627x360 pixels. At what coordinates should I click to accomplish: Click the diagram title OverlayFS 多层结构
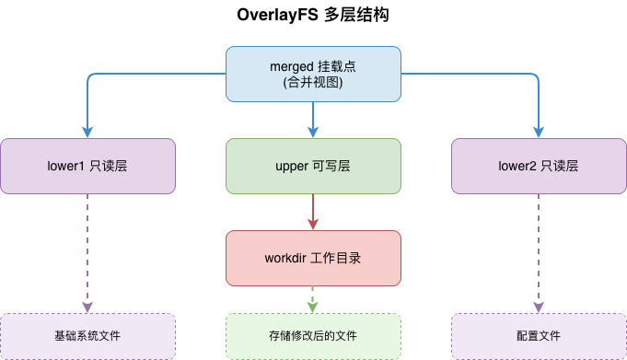[313, 17]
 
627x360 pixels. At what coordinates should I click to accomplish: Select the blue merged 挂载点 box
[313, 74]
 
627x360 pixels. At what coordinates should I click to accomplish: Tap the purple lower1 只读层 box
[87, 166]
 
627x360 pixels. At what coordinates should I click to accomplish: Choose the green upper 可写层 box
[313, 166]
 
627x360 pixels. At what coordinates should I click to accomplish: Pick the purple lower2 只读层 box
[539, 166]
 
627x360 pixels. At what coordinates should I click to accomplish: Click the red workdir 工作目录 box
[313, 258]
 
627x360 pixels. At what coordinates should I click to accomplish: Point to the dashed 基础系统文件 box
[87, 336]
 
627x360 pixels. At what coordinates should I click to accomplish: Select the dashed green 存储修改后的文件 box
[313, 336]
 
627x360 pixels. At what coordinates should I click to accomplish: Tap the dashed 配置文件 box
[539, 336]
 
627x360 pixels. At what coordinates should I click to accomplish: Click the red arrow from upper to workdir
[313, 212]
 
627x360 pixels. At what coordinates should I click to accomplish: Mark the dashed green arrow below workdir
[313, 299]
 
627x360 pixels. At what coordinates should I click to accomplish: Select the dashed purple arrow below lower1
[87, 253]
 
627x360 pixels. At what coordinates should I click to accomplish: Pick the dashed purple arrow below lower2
[539, 253]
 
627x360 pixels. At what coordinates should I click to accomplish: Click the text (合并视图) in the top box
[313, 83]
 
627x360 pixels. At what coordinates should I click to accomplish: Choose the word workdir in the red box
[288, 258]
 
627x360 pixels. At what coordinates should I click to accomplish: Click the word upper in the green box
[292, 166]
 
